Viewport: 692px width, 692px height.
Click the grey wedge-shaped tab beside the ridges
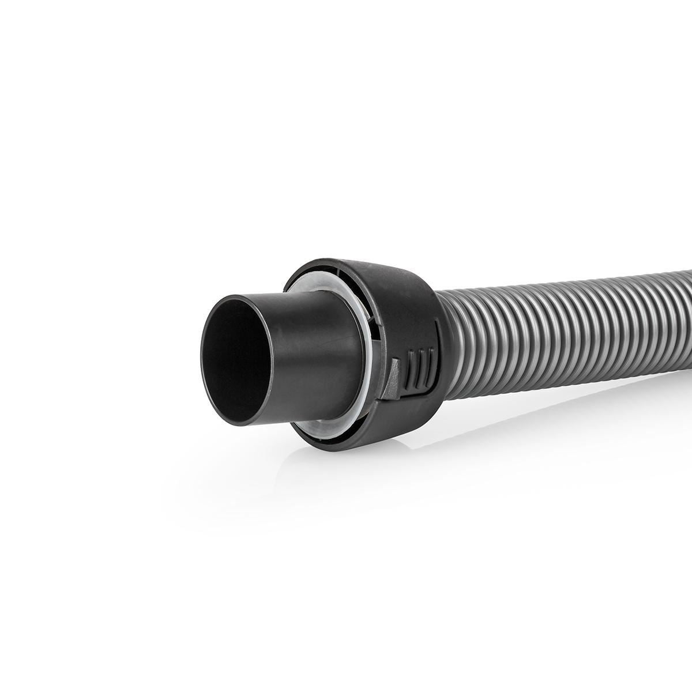coord(394,378)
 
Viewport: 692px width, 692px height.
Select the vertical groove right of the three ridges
coord(437,352)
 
